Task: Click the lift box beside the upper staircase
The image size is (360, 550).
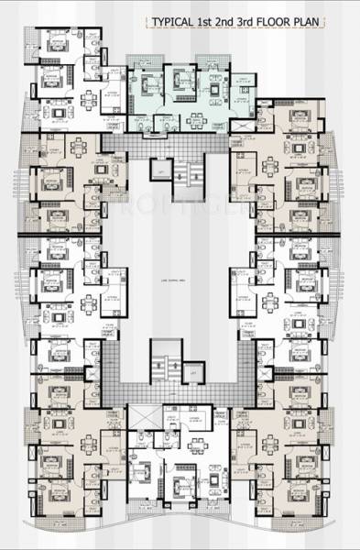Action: tap(160, 170)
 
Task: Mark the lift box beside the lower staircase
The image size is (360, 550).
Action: tap(193, 372)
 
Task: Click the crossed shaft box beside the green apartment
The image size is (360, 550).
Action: tap(242, 122)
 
